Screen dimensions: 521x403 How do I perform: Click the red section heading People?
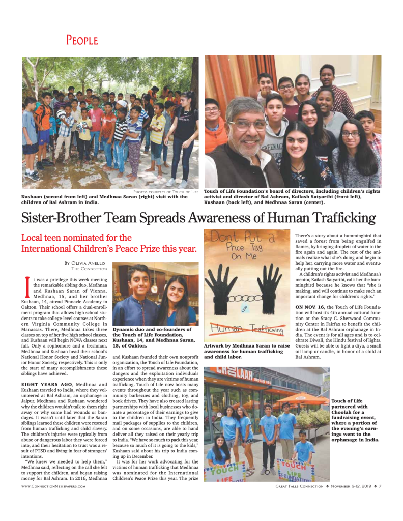click(81, 40)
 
